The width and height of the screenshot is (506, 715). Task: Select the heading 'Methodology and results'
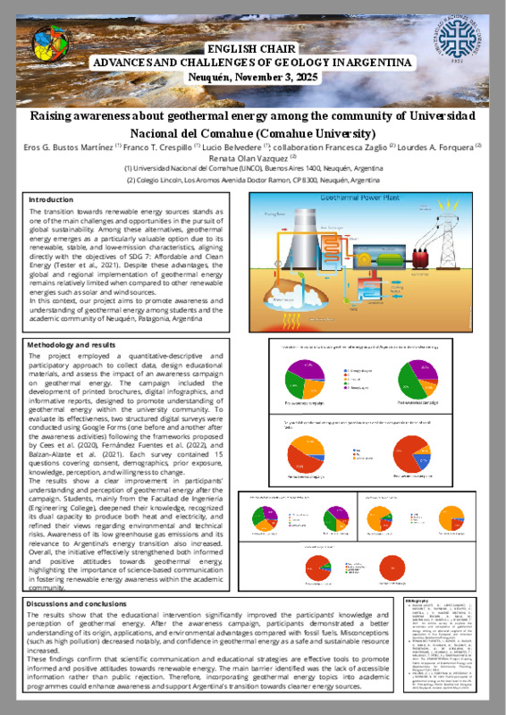[72, 344]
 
